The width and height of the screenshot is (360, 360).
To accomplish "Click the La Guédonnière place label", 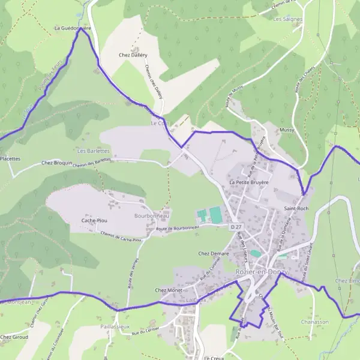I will click(x=73, y=28).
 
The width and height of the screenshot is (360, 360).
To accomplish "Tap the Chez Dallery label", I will click(x=133, y=55).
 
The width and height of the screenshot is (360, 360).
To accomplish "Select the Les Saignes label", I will click(x=288, y=19).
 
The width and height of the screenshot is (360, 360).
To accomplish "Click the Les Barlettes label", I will click(x=94, y=151).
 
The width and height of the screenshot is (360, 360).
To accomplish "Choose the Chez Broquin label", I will click(x=56, y=163).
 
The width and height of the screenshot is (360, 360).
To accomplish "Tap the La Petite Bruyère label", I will click(x=249, y=182).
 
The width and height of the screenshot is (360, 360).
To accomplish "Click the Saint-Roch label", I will click(x=296, y=208).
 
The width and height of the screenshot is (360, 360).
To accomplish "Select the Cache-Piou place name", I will click(x=94, y=221).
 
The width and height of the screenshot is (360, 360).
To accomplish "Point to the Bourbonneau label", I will click(x=152, y=215).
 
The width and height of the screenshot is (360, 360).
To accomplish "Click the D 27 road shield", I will click(x=236, y=227).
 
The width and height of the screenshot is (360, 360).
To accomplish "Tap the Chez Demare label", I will click(x=214, y=254).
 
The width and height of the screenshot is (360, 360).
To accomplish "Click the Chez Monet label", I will click(x=169, y=290).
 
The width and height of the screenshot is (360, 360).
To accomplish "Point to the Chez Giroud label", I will click(x=14, y=337).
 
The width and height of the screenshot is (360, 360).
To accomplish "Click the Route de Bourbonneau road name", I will click(x=177, y=229).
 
